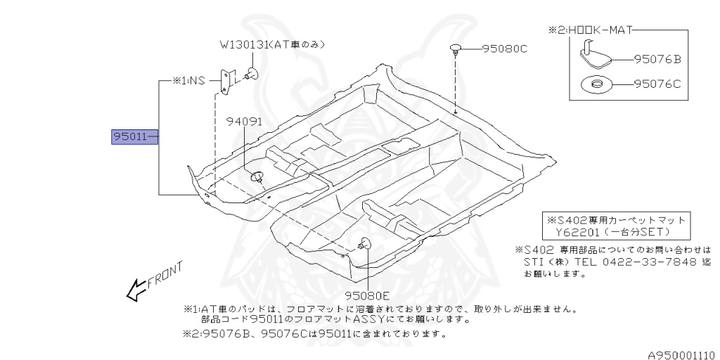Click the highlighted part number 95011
pos(131,136)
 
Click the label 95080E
pos(366,295)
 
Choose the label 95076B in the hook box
pos(657,60)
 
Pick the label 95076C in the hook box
pos(657,85)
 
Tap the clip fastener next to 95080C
pos(456,49)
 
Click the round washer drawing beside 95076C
pos(596,86)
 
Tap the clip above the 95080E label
pos(365,243)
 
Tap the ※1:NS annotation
pos(188,81)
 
